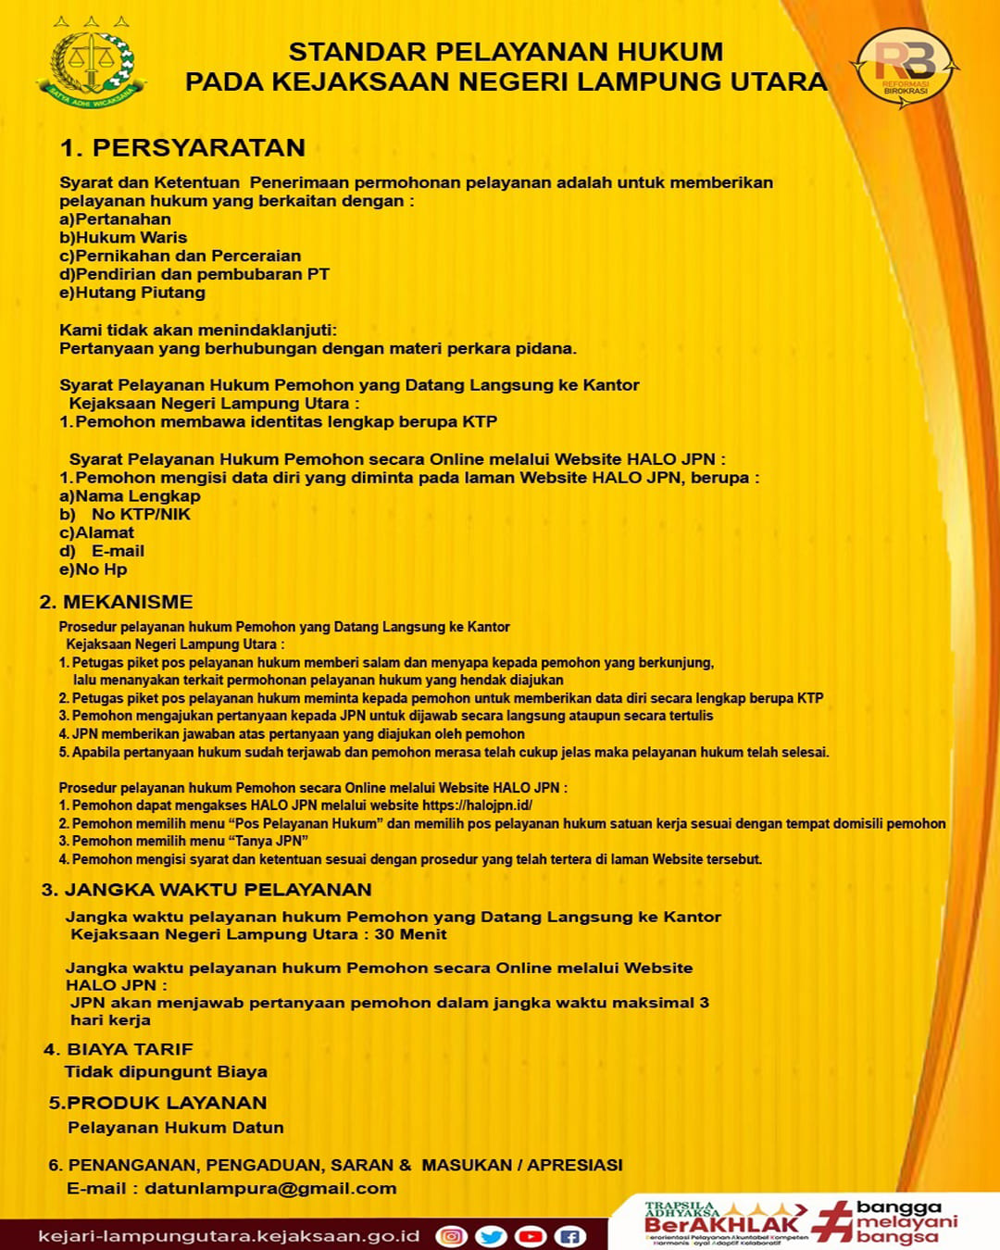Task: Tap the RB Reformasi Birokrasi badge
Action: [905, 67]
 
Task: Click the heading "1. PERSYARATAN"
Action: [182, 148]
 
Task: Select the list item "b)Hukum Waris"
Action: [123, 238]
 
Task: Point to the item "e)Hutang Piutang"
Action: [132, 293]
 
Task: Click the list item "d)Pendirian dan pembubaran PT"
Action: [194, 274]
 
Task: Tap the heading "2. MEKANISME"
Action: [117, 602]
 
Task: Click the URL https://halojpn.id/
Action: [477, 806]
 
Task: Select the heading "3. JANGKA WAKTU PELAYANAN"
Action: [206, 890]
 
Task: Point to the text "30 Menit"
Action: [410, 934]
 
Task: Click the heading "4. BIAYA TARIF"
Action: [119, 1049]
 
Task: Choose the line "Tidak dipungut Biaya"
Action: [166, 1071]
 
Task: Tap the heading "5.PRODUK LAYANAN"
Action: [157, 1103]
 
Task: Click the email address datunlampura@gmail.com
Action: [270, 1188]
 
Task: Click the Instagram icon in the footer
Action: [451, 1236]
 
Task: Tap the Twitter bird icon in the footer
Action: [491, 1236]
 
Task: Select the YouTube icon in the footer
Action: [531, 1236]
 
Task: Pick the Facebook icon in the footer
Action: [570, 1236]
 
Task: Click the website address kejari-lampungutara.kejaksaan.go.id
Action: [229, 1236]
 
